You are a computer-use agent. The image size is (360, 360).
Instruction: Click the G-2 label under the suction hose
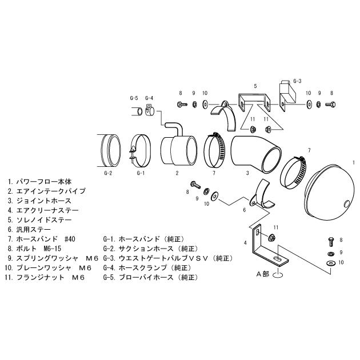click(107, 173)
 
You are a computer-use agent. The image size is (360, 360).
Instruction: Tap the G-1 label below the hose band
click(141, 173)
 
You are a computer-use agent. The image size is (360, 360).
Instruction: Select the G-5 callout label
click(134, 98)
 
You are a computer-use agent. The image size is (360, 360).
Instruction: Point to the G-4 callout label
click(149, 98)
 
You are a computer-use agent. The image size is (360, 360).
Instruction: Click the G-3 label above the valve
click(297, 81)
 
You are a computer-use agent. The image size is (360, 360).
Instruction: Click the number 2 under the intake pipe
click(177, 173)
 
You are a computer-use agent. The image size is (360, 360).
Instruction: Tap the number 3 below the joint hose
click(247, 173)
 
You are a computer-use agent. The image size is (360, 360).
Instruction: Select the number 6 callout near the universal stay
click(243, 210)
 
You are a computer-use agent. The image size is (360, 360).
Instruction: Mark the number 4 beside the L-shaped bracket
click(246, 243)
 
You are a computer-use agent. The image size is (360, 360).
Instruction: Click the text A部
click(262, 274)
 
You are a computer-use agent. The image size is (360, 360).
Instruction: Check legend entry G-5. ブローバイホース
click(151, 277)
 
